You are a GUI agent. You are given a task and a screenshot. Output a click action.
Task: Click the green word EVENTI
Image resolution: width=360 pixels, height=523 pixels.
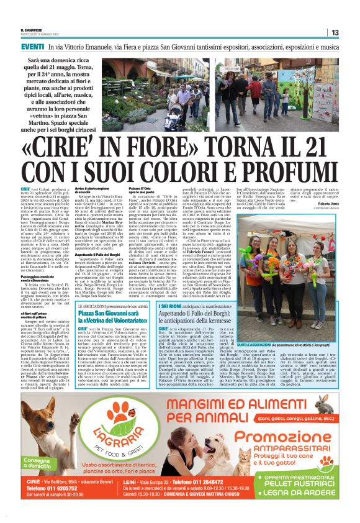click(32, 47)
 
